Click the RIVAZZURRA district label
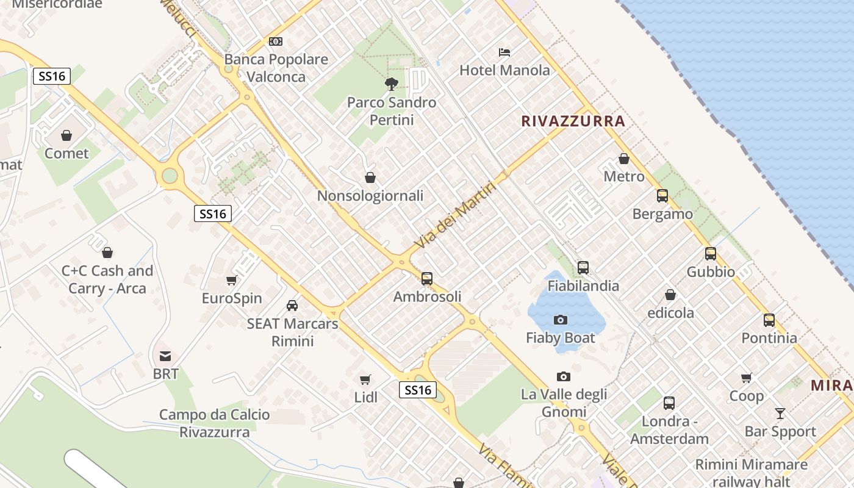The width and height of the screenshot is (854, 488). pyautogui.click(x=573, y=121)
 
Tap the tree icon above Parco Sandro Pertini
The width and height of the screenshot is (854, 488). pyautogui.click(x=392, y=84)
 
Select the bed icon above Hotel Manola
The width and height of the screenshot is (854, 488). pyautogui.click(x=504, y=52)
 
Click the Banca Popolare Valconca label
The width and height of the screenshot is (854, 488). pyautogui.click(x=276, y=68)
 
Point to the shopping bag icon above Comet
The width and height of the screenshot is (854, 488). pyautogui.click(x=66, y=135)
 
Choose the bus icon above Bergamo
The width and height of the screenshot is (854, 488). pyautogui.click(x=662, y=196)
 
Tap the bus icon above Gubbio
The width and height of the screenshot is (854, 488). pyautogui.click(x=711, y=254)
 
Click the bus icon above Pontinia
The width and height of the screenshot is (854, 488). pyautogui.click(x=769, y=320)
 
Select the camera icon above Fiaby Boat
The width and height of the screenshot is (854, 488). pyautogui.click(x=561, y=320)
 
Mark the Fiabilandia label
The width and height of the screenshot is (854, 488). pyautogui.click(x=583, y=285)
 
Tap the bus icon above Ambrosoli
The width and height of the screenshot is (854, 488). pyautogui.click(x=427, y=279)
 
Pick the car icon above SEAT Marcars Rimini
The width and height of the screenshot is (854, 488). pyautogui.click(x=292, y=306)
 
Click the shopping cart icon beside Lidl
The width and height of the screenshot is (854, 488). pyautogui.click(x=365, y=380)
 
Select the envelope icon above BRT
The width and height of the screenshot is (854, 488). pyautogui.click(x=165, y=356)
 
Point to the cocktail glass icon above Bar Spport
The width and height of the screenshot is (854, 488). pyautogui.click(x=780, y=414)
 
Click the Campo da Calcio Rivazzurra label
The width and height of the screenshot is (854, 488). pyautogui.click(x=214, y=423)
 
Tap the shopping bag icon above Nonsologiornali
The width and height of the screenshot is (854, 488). pyautogui.click(x=370, y=178)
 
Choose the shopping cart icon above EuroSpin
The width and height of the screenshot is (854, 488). pyautogui.click(x=232, y=281)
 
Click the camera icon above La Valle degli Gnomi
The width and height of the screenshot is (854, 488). pyautogui.click(x=564, y=377)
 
